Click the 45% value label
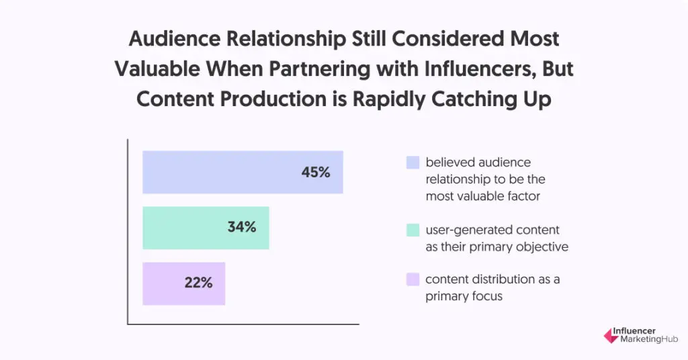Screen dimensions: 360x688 (316, 173)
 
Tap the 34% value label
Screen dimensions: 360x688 (242, 228)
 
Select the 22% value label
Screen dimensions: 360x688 (198, 283)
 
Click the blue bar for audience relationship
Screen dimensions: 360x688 (222, 173)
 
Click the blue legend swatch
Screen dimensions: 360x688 (413, 163)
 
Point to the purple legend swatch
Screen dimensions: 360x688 (413, 279)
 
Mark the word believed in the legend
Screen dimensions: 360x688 (449, 163)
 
